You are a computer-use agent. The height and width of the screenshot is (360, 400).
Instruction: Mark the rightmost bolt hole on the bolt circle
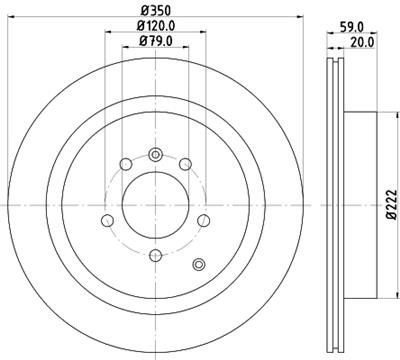click(203, 221)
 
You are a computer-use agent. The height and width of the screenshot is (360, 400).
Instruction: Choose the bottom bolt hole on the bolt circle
click(155, 253)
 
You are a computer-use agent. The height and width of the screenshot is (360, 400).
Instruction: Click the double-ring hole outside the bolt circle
click(198, 264)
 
